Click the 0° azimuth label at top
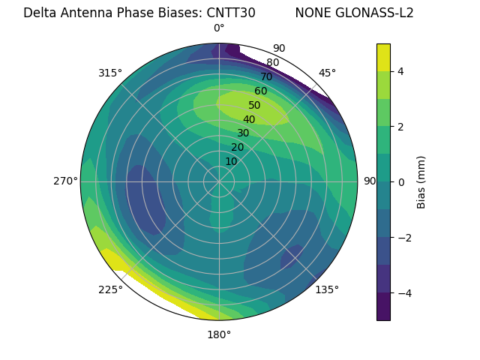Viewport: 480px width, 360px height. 219,28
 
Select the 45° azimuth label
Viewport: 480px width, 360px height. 327,73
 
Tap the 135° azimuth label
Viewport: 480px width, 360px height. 327,289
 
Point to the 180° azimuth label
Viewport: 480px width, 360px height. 219,334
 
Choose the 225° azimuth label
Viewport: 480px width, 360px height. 110,289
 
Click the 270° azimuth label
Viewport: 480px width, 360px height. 66,181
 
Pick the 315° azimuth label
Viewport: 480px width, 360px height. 110,73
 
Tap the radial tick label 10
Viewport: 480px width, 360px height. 232,161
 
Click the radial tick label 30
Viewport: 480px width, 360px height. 243,133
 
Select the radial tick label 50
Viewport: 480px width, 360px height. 254,106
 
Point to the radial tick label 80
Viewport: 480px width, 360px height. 272,63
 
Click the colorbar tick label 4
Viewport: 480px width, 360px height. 400,71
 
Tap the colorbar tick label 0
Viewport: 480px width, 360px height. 400,182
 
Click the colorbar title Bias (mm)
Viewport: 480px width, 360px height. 421,182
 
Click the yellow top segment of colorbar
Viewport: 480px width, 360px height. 383,57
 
